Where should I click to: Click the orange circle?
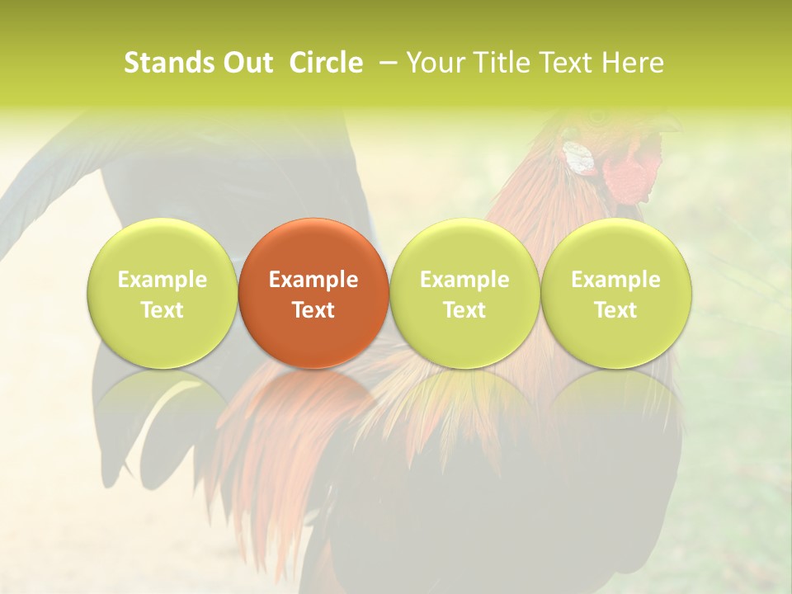pyautogui.click(x=313, y=293)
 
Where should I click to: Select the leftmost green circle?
pyautogui.click(x=163, y=293)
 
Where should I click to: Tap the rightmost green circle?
pyautogui.click(x=615, y=293)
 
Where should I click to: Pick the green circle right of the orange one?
pyautogui.click(x=464, y=293)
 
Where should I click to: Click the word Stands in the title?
pyautogui.click(x=166, y=63)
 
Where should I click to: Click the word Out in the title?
pyautogui.click(x=247, y=63)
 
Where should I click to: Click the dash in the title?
pyautogui.click(x=384, y=63)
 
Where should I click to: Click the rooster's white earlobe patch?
pyautogui.click(x=580, y=158)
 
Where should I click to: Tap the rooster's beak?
pyautogui.click(x=664, y=125)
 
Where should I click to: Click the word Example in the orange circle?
pyautogui.click(x=313, y=280)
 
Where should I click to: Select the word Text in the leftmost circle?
pyautogui.click(x=163, y=310)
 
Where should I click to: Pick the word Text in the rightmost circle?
pyautogui.click(x=615, y=310)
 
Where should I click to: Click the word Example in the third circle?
pyautogui.click(x=464, y=280)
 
